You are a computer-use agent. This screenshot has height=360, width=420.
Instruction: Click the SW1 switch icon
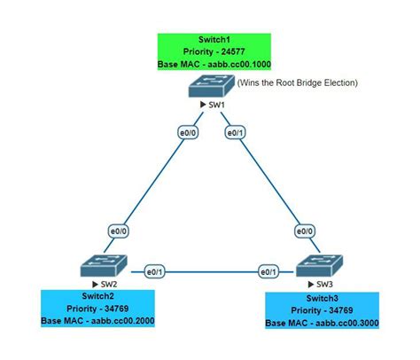tap(210, 86)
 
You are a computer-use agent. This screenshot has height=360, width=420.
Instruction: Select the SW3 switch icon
tap(320, 265)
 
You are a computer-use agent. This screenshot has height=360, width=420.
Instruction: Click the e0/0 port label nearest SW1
tap(186, 133)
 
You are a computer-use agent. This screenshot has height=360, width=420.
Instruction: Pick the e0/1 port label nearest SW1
tap(234, 133)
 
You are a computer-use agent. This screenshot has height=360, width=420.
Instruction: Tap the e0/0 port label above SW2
tap(115, 231)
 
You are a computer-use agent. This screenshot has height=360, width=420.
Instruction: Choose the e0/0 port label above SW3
tap(303, 231)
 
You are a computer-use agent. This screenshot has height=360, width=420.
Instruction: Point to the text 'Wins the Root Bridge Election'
tap(297, 82)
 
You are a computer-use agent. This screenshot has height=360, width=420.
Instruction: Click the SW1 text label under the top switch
tap(216, 106)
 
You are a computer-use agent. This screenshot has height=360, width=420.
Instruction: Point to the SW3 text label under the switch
tap(324, 284)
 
